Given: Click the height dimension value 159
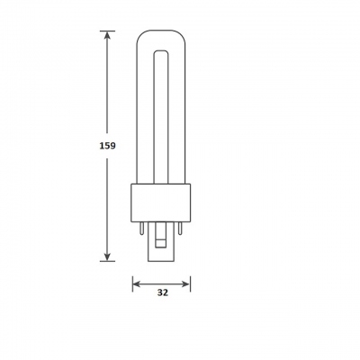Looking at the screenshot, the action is pyautogui.click(x=107, y=146).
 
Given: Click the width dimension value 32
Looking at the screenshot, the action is pyautogui.click(x=163, y=292).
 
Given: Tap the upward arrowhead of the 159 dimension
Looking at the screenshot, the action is pyautogui.click(x=107, y=35).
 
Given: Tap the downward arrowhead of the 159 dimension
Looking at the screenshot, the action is pyautogui.click(x=107, y=256).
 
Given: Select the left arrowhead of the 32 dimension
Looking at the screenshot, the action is pyautogui.click(x=137, y=284).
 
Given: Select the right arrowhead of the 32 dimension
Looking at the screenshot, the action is pyautogui.click(x=186, y=284).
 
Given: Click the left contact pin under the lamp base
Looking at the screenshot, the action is pyautogui.click(x=141, y=228).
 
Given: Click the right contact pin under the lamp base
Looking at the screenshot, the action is pyautogui.click(x=180, y=228).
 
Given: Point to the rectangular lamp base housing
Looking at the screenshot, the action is pyautogui.click(x=161, y=202).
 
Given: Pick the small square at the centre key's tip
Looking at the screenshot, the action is pyautogui.click(x=161, y=243).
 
